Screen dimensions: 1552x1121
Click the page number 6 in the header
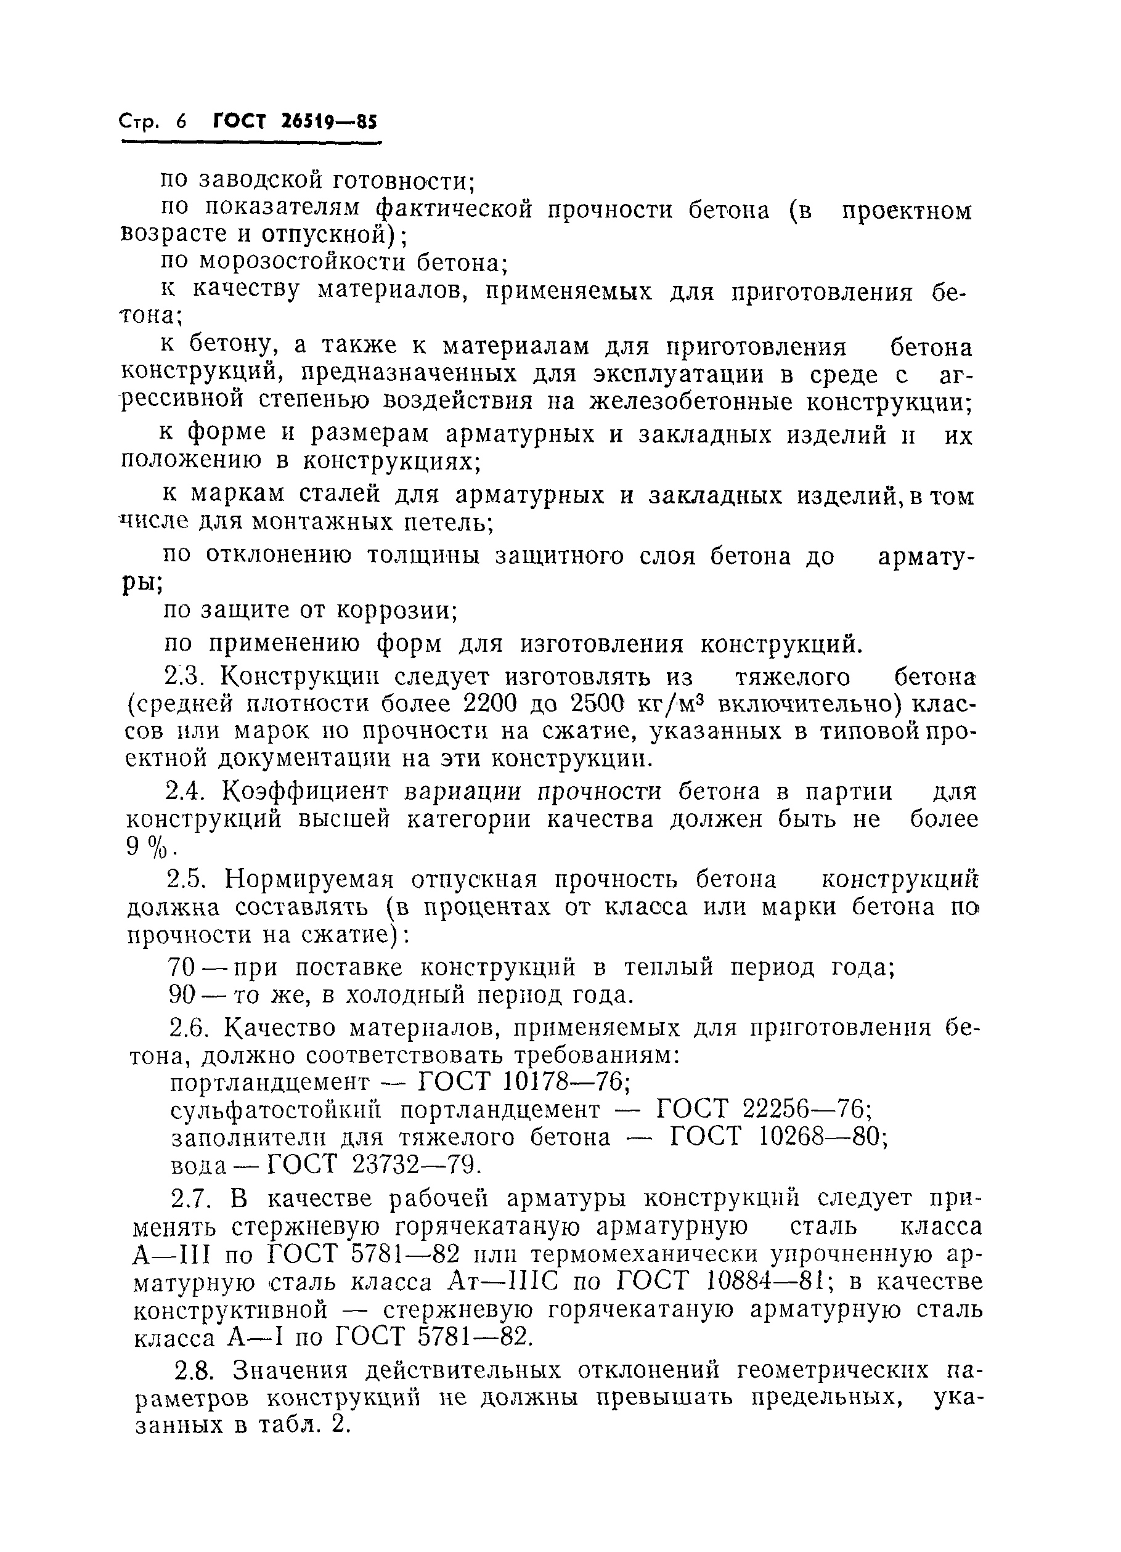tap(181, 122)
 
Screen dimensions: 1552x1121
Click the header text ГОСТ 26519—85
tap(295, 122)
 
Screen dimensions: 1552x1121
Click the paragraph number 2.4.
tap(185, 792)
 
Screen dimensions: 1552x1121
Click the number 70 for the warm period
tap(182, 967)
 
